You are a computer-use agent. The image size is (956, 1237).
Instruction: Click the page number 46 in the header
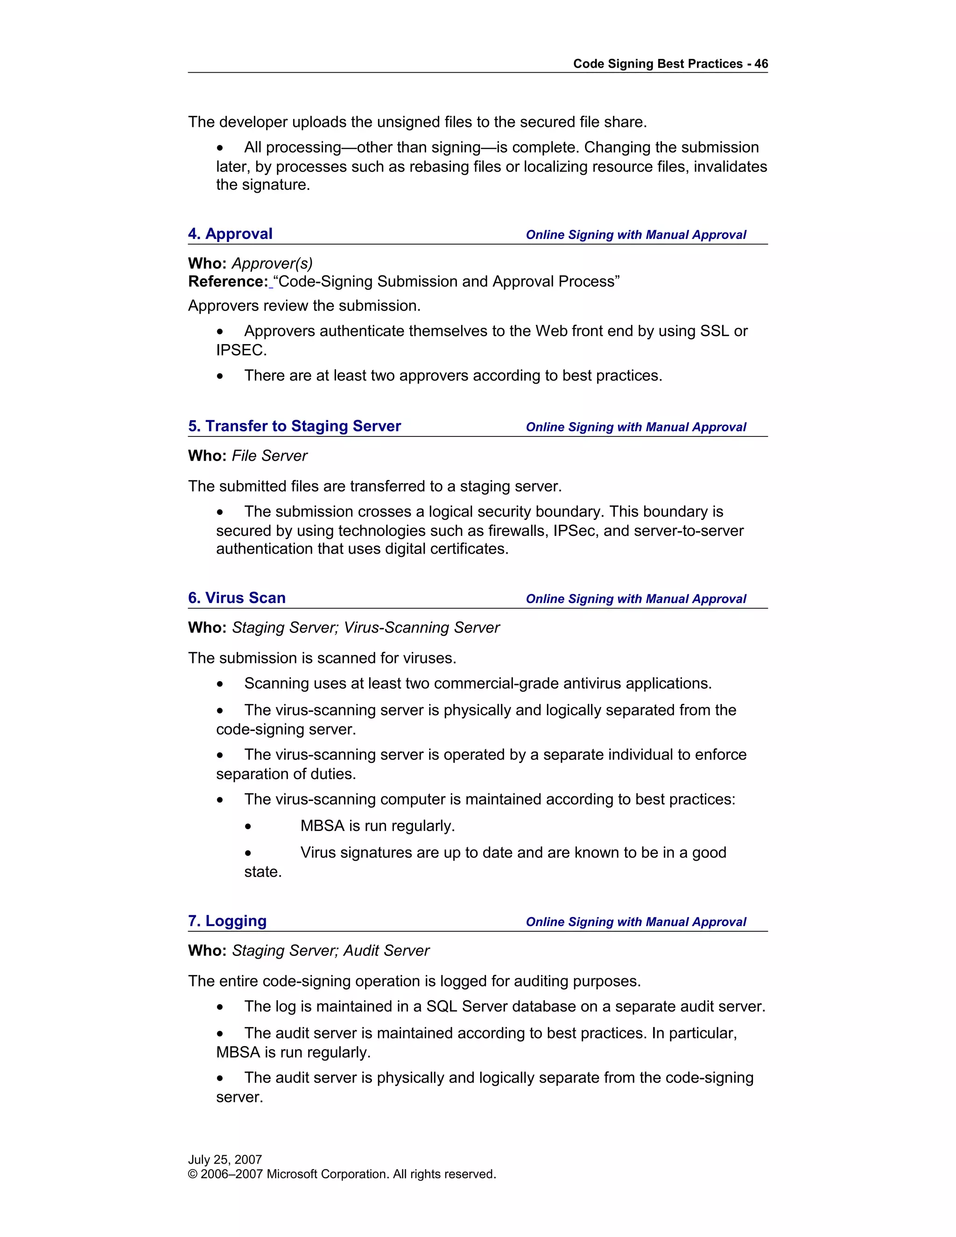[x=760, y=64]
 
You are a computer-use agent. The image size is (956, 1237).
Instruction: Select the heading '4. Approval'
[x=230, y=234]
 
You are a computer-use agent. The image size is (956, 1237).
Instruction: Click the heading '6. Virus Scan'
[x=236, y=597]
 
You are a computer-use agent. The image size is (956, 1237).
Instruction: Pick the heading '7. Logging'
[x=227, y=921]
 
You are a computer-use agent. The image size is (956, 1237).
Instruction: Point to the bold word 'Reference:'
[x=228, y=281]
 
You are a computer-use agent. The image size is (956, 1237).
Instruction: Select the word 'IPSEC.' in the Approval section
[x=241, y=351]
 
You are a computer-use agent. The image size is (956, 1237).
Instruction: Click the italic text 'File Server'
[x=270, y=456]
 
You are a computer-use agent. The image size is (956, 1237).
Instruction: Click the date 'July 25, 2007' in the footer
[x=225, y=1160]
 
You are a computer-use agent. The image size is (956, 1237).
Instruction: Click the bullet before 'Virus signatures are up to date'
[x=248, y=853]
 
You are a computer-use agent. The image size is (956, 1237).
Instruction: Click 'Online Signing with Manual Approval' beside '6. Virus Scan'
[x=635, y=599]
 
